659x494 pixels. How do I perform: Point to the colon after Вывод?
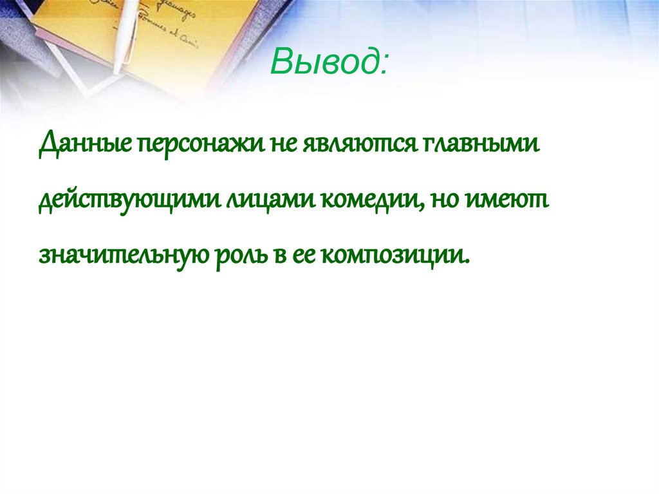pos(384,64)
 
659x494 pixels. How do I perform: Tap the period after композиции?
pos(467,261)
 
